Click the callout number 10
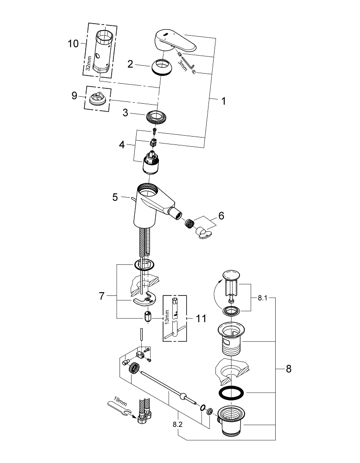point(73,44)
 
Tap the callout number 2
point(131,65)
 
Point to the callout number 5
point(115,197)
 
